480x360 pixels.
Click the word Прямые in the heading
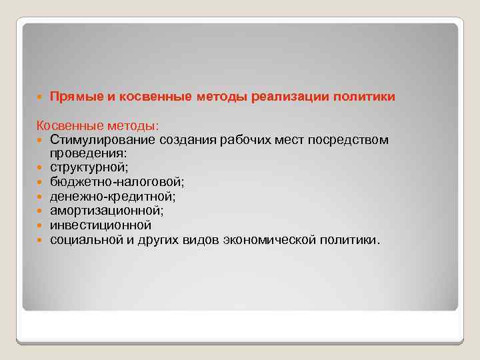click(x=74, y=97)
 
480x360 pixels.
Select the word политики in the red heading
click(x=367, y=97)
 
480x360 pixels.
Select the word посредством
click(x=345, y=139)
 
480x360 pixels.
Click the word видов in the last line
click(x=207, y=239)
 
